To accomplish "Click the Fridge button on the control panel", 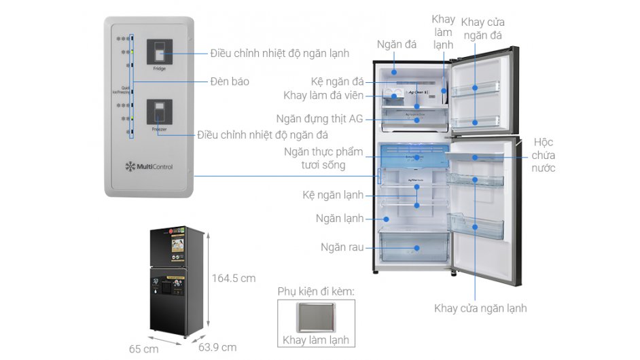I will coord(160,52).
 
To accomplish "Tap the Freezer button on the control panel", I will coord(160,113).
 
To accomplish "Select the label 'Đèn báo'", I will coord(230,82).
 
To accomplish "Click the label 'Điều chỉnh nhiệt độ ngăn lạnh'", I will coord(279,53).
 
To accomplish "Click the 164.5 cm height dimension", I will coord(234,278).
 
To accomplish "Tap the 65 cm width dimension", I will coord(143,348).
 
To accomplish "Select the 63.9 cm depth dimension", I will coord(217,347).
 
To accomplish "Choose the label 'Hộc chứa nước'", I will coord(543,155).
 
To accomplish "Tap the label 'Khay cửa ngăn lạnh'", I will coord(480,308).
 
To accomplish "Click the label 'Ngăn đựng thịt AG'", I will coord(319,118).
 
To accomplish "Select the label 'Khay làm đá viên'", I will coord(323,95).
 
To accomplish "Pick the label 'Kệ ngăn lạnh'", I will coord(333,195).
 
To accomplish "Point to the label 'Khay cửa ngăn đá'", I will coord(482,29).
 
